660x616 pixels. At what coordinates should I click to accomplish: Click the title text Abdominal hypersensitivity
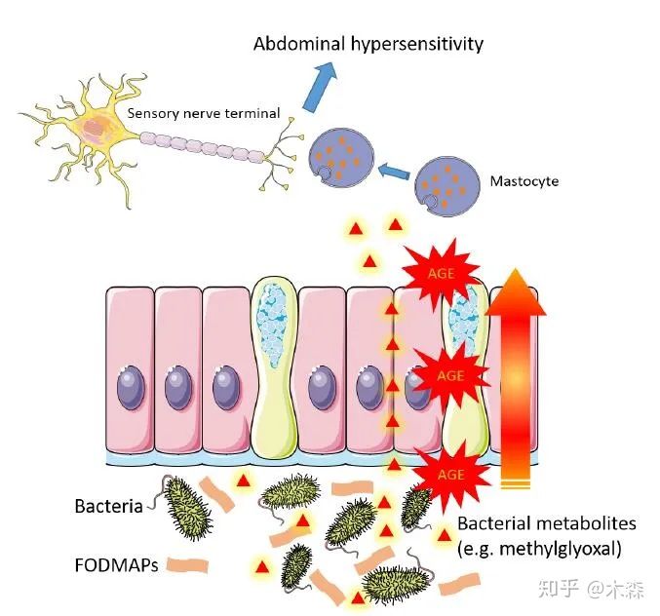coord(368,44)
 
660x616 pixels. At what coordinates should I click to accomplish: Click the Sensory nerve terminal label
coord(203,114)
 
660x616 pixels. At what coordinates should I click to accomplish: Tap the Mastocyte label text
coord(524,181)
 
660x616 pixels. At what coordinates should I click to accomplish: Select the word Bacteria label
coord(108,506)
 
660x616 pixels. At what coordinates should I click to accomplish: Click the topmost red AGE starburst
coord(441,273)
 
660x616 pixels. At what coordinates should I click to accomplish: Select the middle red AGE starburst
coord(448,375)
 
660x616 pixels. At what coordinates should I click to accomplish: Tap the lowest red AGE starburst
coord(450,475)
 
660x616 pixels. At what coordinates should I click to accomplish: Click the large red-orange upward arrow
coord(514,380)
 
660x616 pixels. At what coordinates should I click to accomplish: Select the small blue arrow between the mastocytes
coord(393,173)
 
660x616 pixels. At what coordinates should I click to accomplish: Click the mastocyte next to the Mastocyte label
coord(447,186)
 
